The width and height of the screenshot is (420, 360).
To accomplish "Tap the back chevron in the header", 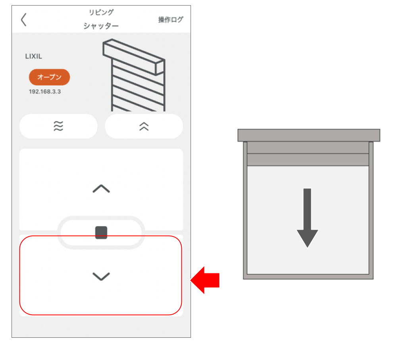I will coord(24,19).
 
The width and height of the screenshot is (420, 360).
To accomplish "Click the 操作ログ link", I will coord(171,20).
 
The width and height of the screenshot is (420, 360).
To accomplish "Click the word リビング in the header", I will coord(101,12).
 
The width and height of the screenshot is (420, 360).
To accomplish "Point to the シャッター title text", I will coord(101,26).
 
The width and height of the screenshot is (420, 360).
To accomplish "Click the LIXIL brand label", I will coord(34,56).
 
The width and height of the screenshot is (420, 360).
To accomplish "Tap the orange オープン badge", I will coord(49,77).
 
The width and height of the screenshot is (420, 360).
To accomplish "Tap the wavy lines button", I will coord(58,126).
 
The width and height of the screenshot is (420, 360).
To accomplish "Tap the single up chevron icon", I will coord(101,189).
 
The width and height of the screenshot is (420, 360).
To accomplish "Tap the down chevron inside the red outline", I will coord(101,276).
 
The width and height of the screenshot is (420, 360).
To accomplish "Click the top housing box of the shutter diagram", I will coord(309,135).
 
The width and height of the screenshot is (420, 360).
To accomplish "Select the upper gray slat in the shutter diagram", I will coord(308,147).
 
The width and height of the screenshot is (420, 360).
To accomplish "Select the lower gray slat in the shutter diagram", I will coord(308,160).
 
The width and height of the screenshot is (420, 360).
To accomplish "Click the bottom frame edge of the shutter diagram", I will coord(308,277).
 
